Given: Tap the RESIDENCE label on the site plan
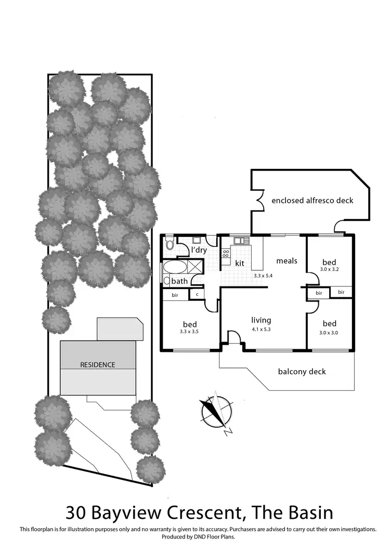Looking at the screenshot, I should pos(97,364).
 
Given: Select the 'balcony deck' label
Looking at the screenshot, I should pos(302,371).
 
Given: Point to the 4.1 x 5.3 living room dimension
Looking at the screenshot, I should pos(261,330).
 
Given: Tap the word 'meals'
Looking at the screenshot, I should pos(287,260).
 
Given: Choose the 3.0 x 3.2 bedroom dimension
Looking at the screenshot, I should pos(329,270).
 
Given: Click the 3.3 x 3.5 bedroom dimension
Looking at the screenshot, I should pos(189,331).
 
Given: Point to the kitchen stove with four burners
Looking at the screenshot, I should pos(226,254).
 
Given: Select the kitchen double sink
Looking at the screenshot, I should pos(240,240).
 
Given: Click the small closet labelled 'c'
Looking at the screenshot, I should pos(197,294).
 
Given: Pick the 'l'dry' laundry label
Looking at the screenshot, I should pos(199,251).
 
